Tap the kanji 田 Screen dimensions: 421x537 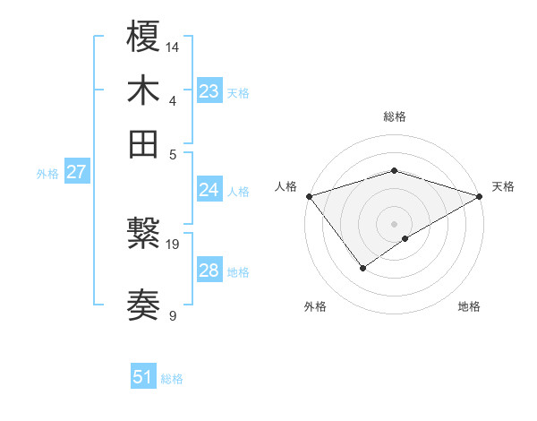144,143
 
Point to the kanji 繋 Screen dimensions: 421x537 144,236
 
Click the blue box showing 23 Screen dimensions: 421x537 209,91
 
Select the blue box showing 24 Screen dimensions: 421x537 209,190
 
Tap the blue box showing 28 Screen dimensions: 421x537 209,271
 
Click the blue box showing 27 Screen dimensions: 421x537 76,172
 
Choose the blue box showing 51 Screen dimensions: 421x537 143,377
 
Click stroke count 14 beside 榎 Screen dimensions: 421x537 174,46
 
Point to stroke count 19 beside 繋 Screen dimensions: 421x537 174,244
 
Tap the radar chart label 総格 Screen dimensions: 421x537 395,116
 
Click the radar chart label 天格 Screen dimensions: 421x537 503,186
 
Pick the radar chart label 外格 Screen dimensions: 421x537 315,306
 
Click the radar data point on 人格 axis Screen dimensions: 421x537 309,196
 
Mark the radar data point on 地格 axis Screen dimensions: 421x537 405,238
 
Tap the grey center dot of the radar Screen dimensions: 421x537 395,223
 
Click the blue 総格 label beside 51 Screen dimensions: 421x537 172,379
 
